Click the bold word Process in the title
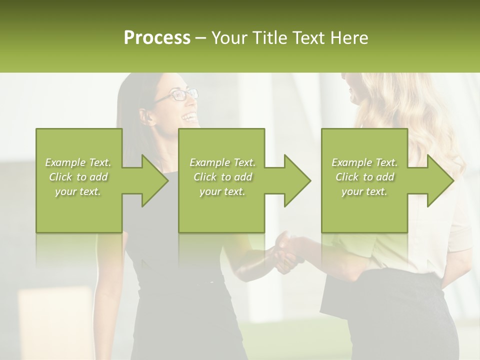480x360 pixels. point(157,38)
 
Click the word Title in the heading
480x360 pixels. point(269,38)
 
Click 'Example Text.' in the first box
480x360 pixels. point(78,162)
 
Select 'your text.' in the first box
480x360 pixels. point(78,191)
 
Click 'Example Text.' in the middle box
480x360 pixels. point(222,162)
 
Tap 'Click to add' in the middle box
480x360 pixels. point(222,177)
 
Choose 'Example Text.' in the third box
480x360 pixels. point(364,162)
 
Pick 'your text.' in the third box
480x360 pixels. point(364,191)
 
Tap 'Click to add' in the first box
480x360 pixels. point(78,177)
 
